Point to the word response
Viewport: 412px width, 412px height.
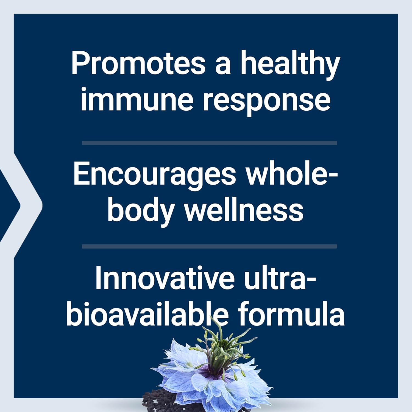tap(266, 101)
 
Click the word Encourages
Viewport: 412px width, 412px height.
tap(154, 175)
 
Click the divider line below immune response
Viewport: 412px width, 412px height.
tap(209, 143)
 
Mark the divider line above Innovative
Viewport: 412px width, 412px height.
tap(209, 246)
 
